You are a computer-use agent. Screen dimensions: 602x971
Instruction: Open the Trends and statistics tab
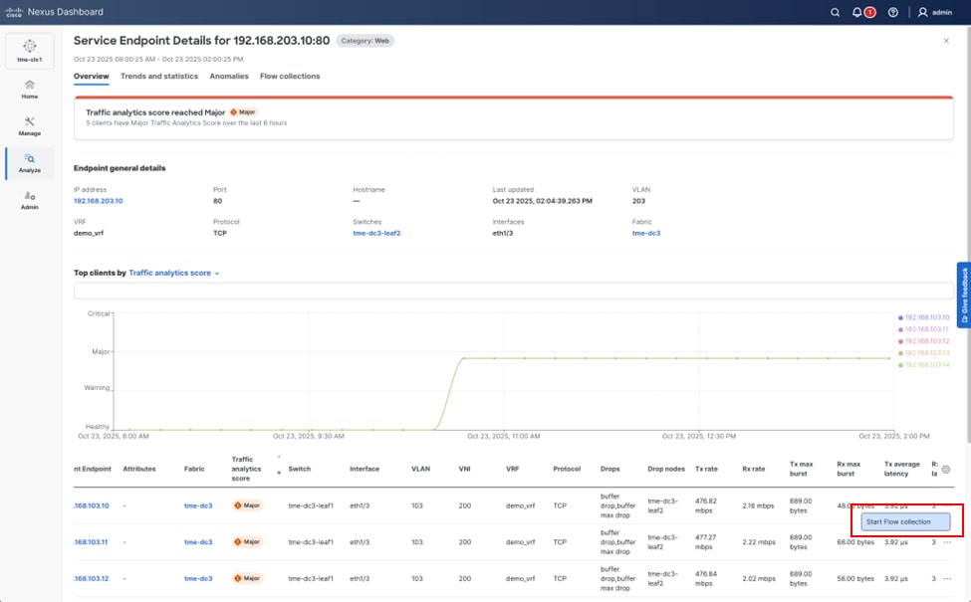(159, 77)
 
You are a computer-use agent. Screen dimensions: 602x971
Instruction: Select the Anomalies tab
(229, 77)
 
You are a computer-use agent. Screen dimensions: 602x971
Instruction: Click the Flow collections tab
(290, 77)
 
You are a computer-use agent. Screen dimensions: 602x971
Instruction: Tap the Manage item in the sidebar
(29, 125)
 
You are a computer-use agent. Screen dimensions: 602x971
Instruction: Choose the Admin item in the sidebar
(29, 200)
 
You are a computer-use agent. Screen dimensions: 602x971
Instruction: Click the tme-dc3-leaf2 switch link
(376, 233)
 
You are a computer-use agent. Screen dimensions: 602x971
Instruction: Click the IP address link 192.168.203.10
(98, 201)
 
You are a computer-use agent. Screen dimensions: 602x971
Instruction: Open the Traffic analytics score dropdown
(174, 273)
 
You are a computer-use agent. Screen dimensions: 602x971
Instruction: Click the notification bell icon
(858, 12)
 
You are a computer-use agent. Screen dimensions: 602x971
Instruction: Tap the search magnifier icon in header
(835, 12)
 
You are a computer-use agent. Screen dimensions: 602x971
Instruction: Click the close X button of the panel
(946, 41)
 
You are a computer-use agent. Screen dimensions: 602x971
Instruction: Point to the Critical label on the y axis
(97, 313)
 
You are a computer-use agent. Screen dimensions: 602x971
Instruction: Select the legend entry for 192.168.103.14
(927, 365)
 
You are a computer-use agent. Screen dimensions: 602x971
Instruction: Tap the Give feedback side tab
(963, 296)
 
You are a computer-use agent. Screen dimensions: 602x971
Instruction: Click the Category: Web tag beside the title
(365, 41)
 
